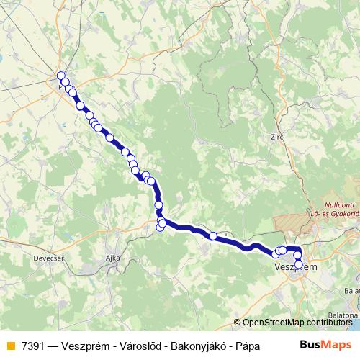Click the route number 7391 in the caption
tap(32, 344)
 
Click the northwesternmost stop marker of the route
tap(61, 76)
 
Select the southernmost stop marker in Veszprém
tap(299, 264)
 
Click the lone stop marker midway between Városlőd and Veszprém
tap(213, 235)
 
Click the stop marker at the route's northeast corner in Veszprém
tap(297, 249)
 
